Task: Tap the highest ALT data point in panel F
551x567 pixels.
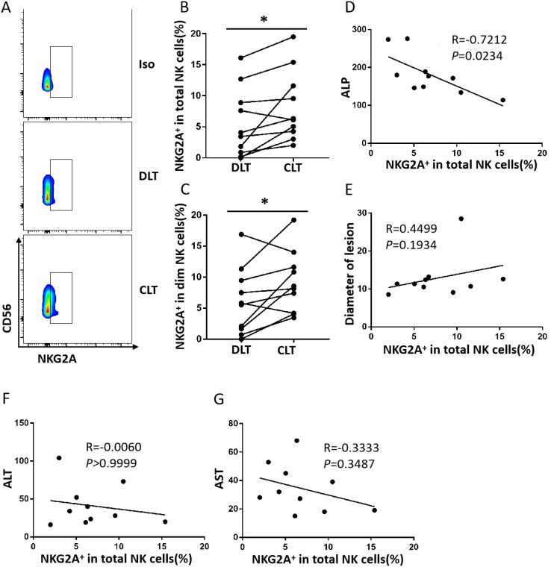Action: (59, 458)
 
